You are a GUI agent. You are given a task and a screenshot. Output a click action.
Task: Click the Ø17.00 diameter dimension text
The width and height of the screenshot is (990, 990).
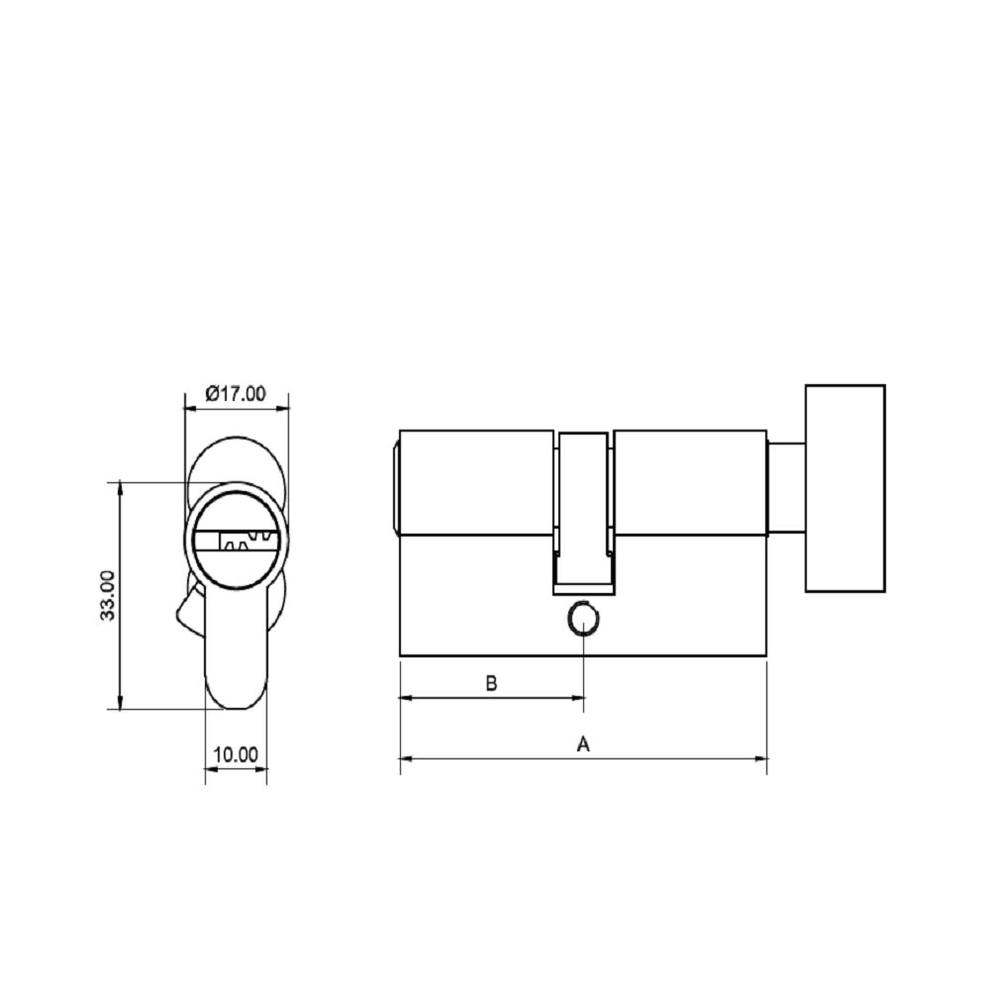tap(236, 393)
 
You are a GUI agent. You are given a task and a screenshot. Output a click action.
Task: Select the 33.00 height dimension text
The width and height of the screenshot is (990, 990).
tap(108, 595)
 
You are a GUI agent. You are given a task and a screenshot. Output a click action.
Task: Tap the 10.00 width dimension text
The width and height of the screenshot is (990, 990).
tap(236, 754)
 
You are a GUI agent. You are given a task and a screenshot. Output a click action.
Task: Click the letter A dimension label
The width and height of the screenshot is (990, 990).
tap(583, 743)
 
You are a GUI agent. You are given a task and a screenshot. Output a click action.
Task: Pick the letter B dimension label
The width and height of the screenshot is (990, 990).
tap(490, 683)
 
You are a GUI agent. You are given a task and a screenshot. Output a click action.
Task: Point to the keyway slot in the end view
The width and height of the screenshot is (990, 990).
tap(238, 542)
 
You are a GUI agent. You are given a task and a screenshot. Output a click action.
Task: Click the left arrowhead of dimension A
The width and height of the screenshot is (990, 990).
tap(405, 759)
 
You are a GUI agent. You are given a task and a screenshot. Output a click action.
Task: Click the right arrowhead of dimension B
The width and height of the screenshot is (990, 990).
tap(579, 698)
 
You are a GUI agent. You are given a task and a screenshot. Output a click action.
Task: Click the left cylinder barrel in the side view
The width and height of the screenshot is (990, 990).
tap(475, 483)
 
